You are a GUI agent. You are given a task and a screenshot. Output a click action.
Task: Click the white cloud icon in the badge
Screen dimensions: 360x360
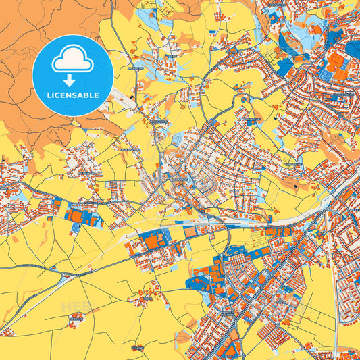click(72, 61)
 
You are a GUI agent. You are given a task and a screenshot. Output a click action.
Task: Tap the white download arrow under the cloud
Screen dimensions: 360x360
click(72, 80)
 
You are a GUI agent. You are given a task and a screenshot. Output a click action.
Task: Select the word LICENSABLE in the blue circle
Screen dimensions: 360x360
click(72, 95)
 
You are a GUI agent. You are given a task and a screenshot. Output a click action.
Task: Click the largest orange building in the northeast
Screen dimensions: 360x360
click(336, 61)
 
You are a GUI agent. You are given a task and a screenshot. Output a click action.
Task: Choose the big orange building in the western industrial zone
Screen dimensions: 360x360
click(76, 215)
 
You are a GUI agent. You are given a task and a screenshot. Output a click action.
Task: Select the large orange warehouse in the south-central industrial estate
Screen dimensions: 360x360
click(153, 241)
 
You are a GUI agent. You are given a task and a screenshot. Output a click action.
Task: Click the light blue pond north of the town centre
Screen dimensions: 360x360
click(177, 138)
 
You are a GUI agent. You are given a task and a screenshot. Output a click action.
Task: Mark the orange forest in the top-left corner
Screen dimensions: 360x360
click(27, 27)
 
